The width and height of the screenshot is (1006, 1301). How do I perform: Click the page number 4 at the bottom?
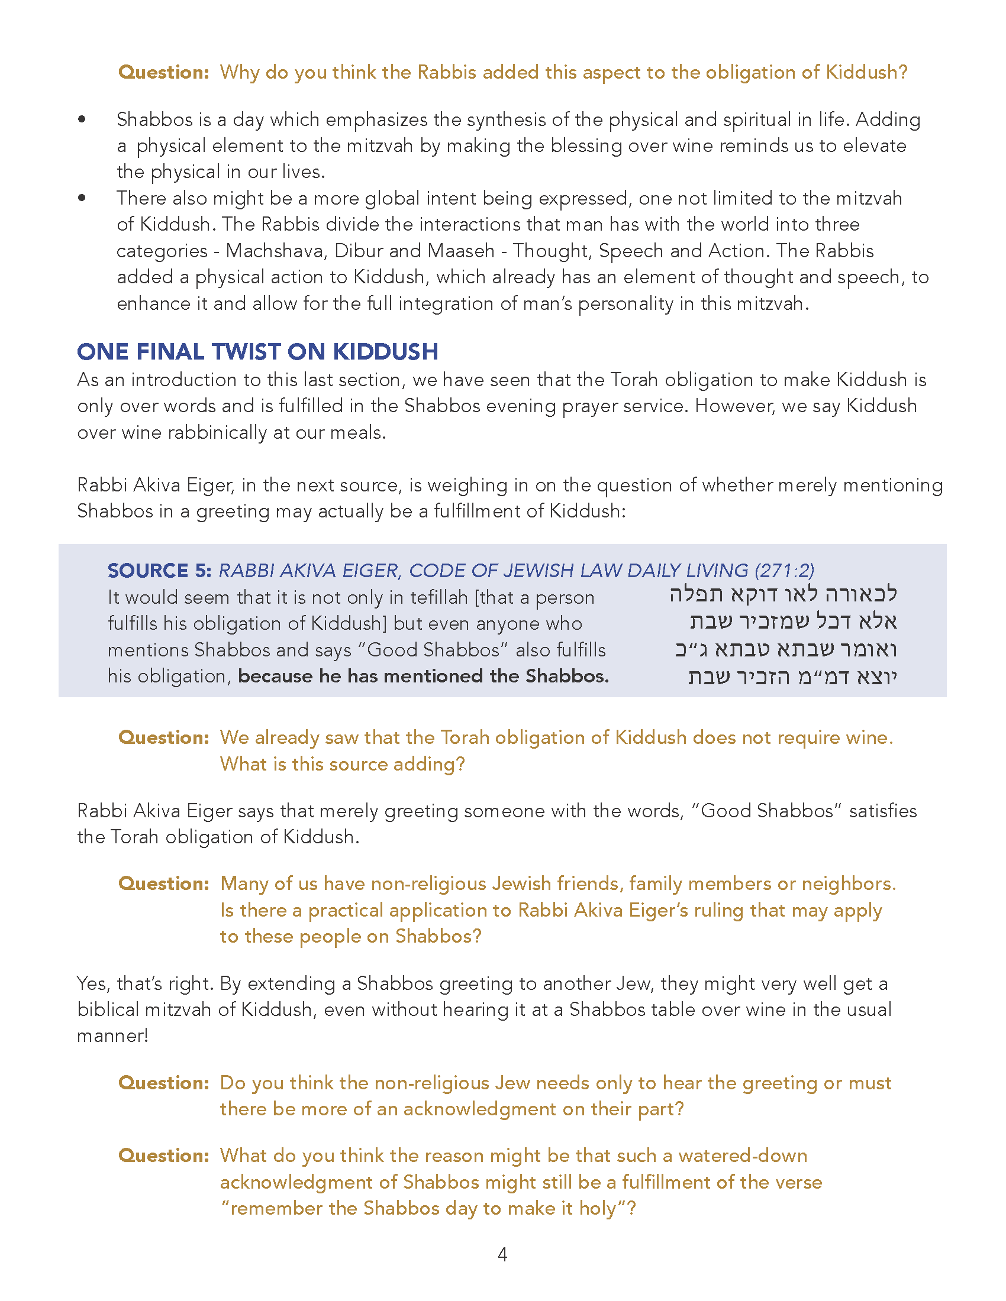(x=502, y=1254)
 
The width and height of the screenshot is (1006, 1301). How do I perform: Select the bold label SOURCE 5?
(x=159, y=571)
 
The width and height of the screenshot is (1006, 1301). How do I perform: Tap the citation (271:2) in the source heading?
(x=783, y=571)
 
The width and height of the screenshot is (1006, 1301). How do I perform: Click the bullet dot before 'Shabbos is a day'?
(x=82, y=119)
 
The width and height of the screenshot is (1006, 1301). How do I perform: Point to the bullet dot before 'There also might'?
(x=82, y=198)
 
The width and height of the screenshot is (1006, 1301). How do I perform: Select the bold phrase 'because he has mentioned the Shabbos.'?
(x=423, y=676)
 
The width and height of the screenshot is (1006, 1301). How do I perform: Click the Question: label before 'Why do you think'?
(x=164, y=72)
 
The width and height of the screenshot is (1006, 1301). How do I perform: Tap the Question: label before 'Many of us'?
(x=164, y=883)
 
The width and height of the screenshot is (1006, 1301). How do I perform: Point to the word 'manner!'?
(x=112, y=1036)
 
